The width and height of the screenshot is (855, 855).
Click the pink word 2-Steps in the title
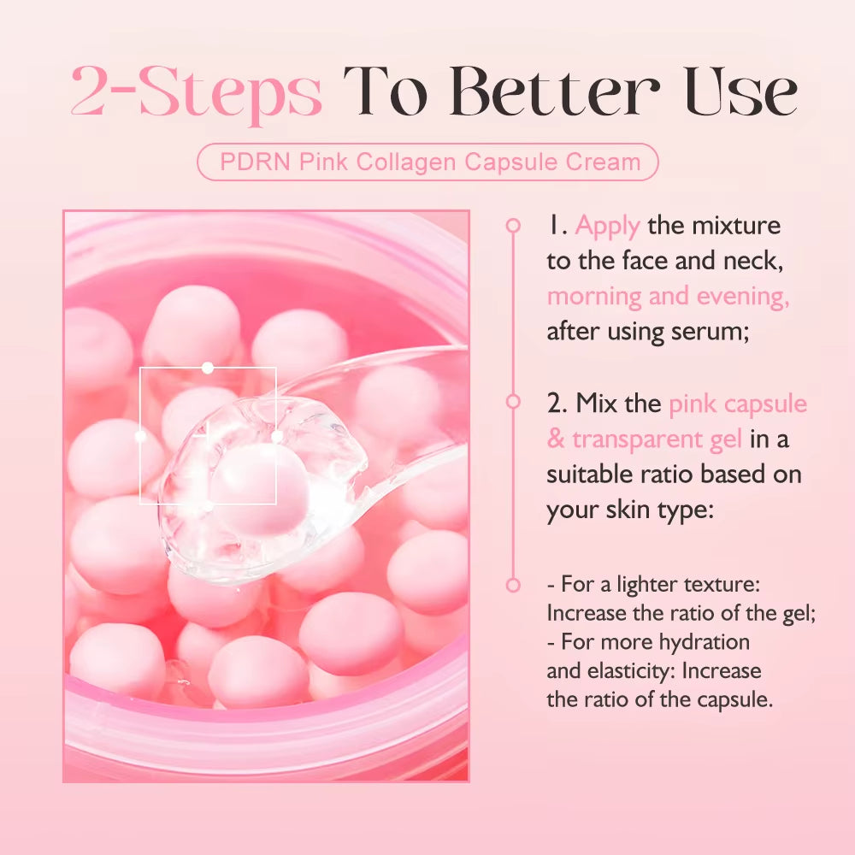pos(197,92)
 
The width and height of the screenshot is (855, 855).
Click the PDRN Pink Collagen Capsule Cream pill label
pos(428,162)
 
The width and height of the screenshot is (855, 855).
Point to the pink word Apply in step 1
pos(607,226)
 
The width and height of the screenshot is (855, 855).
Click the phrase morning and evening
pos(668,296)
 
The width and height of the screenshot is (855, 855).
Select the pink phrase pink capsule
pos(737,403)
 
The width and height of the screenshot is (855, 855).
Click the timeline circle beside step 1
pos(513,226)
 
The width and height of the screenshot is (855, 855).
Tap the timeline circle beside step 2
pos(513,400)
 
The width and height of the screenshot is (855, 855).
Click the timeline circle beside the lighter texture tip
pos(513,586)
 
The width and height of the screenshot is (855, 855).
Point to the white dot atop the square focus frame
pos(207,368)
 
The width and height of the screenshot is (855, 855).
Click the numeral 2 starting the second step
pos(553,403)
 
